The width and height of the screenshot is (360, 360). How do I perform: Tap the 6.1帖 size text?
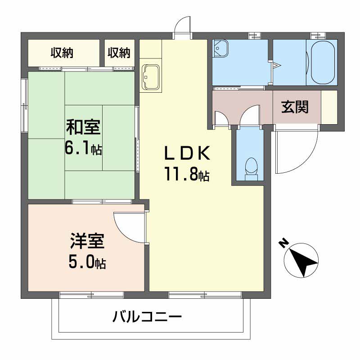point(84,148)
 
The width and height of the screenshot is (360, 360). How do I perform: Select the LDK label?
point(186,154)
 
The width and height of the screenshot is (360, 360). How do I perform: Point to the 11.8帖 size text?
point(186,175)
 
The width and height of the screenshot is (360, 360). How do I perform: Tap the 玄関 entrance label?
point(295,107)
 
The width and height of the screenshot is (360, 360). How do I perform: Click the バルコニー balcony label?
point(147,318)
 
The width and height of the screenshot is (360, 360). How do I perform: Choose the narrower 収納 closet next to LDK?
point(119,53)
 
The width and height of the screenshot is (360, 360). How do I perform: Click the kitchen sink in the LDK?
point(150,77)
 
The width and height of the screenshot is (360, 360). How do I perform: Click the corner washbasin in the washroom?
point(220,47)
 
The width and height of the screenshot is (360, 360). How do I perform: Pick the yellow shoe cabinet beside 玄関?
point(329,107)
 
